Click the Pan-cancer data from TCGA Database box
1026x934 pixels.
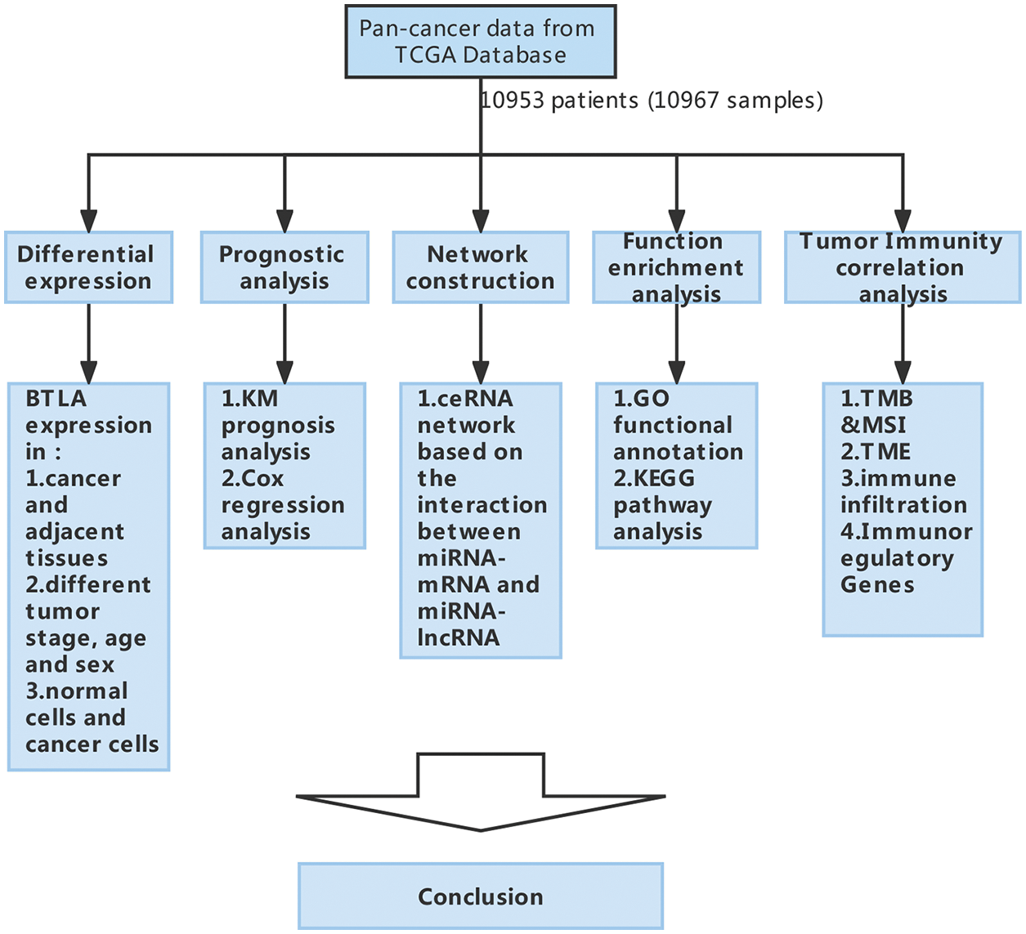(480, 42)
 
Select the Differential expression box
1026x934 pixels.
(88, 267)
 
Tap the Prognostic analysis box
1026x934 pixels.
(284, 267)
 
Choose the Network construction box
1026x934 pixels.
(480, 267)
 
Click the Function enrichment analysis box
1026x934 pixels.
(676, 267)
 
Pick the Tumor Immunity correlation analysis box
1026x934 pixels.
(902, 267)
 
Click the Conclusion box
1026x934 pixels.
(480, 896)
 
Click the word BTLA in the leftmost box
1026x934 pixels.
(56, 399)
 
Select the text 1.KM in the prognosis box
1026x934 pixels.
(249, 399)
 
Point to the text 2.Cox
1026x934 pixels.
(253, 478)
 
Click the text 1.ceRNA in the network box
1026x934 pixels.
(465, 399)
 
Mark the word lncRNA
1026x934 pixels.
(458, 637)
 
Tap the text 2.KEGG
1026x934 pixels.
(653, 478)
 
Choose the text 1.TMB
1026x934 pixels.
(876, 399)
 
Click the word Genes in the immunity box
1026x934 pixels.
(876, 584)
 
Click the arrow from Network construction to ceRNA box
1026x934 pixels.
(481, 343)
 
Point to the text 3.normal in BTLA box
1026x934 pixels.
(76, 691)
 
